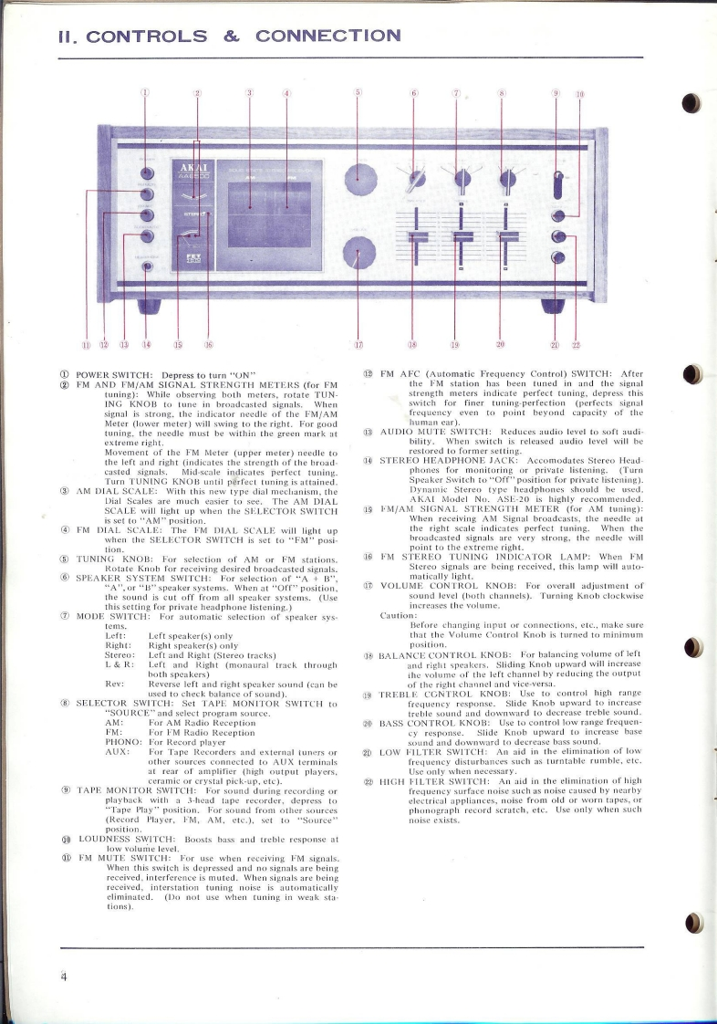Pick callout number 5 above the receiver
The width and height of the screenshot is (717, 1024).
coord(358,93)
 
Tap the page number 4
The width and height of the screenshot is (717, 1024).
coord(65,976)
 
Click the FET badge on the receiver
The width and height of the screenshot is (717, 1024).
coord(194,258)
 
